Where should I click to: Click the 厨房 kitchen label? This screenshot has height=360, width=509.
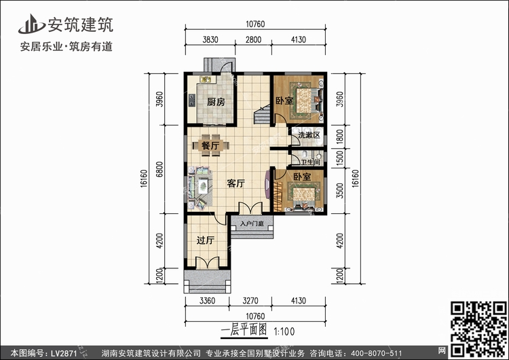tap(216, 102)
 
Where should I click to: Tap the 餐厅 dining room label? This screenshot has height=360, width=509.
tap(210, 145)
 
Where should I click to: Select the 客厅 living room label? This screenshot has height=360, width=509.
tap(236, 183)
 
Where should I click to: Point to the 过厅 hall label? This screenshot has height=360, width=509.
tap(205, 240)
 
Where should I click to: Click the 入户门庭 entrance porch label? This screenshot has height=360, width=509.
tap(252, 223)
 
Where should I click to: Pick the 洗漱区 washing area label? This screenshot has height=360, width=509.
tap(309, 135)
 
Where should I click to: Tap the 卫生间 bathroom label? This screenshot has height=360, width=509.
tap(311, 162)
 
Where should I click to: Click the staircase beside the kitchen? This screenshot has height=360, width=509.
tap(262, 113)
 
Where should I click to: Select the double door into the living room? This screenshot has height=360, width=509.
tap(250, 208)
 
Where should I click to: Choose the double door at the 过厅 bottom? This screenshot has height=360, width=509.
tap(208, 262)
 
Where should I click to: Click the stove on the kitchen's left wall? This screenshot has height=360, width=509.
tap(191, 101)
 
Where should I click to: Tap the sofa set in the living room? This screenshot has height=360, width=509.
tap(200, 187)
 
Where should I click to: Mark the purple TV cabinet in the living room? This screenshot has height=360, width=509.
tap(267, 184)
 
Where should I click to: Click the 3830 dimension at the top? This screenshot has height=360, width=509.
tap(210, 39)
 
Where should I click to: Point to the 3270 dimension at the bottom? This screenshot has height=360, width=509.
tap(250, 300)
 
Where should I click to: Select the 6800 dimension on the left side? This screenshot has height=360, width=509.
tap(159, 169)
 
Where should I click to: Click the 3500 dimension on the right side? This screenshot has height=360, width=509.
tap(339, 190)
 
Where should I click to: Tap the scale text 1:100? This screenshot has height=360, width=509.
tap(284, 331)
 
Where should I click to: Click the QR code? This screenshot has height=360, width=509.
tap(478, 329)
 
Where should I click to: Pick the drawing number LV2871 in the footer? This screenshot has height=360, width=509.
tap(64, 353)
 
